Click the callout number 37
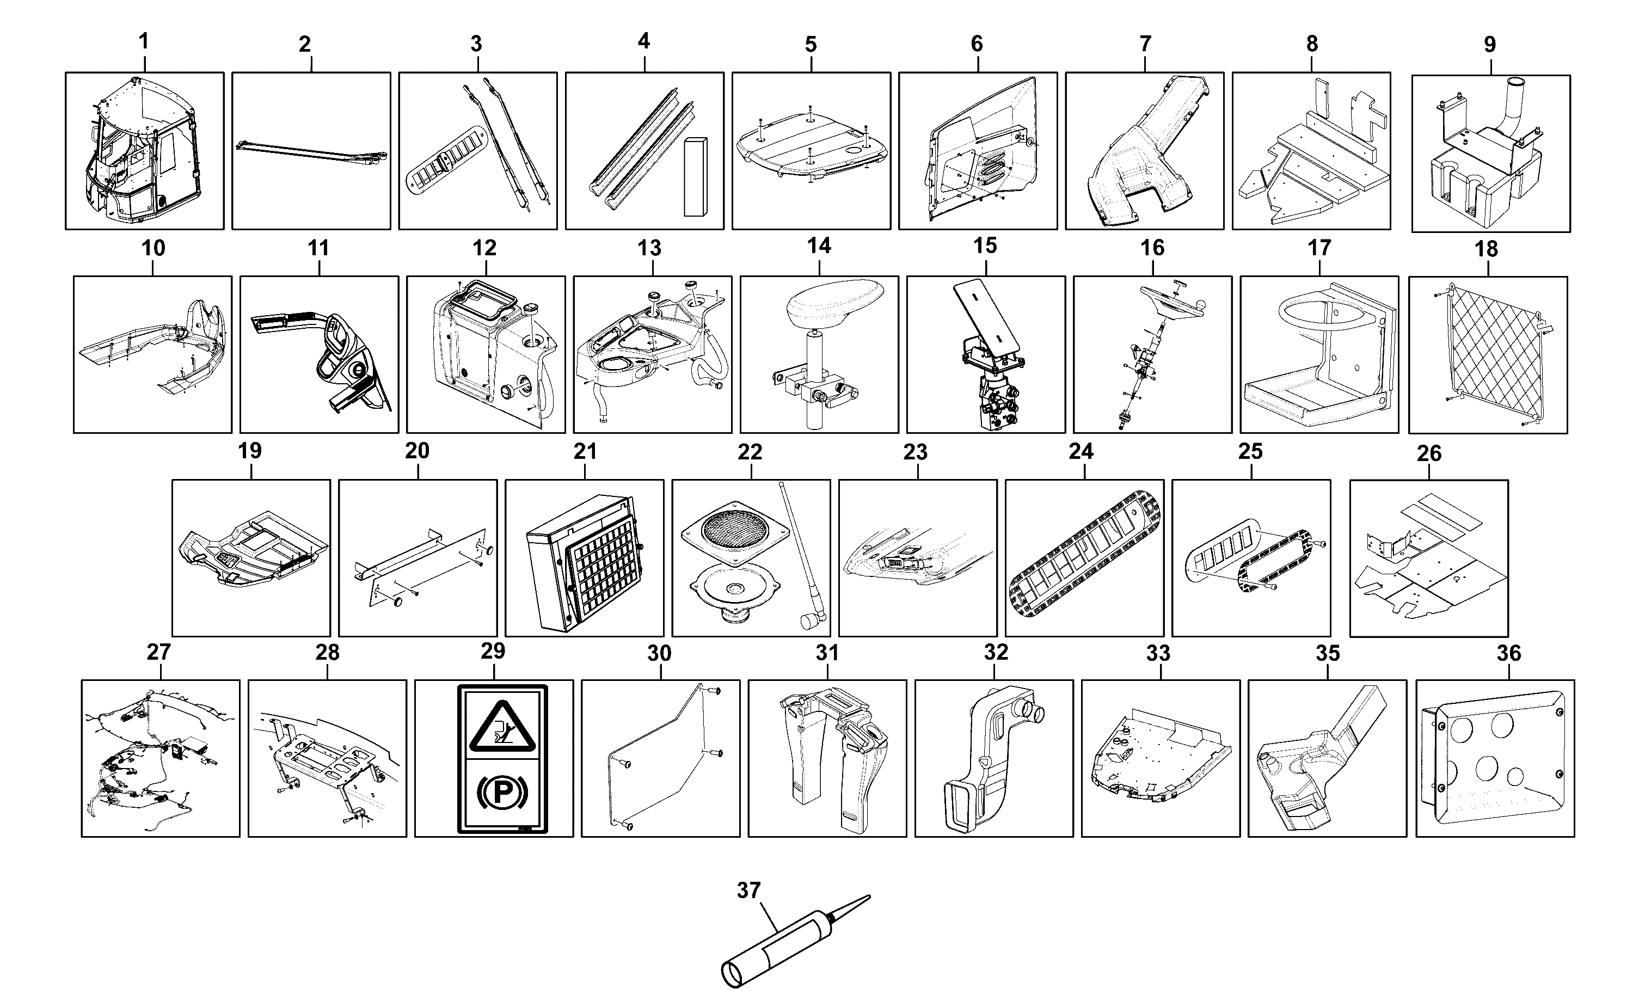point(748,891)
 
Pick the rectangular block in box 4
point(695,177)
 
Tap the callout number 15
point(985,245)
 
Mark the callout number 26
point(1428,453)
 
